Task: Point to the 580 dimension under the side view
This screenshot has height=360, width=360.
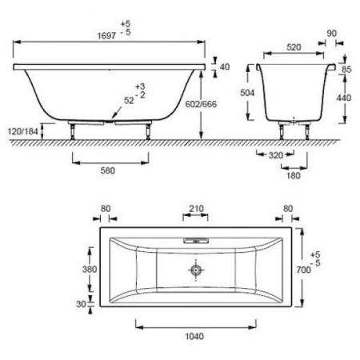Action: click(110, 170)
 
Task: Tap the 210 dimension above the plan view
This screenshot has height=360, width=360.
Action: click(195, 210)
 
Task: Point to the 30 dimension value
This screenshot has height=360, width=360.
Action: click(81, 303)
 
